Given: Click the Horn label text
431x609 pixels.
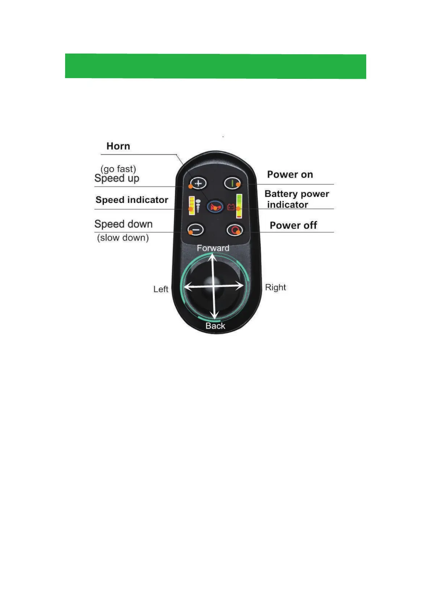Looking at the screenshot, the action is coord(118,146).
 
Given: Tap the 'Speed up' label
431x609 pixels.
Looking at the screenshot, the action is coord(117,178).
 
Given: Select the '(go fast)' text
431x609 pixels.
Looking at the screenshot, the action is coord(118,169).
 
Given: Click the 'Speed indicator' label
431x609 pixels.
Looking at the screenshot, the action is coord(132,200).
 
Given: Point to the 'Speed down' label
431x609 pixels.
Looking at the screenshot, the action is coord(123,224).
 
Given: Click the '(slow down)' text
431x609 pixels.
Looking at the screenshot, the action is coord(123,238).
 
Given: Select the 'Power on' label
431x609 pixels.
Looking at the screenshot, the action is coord(290,175).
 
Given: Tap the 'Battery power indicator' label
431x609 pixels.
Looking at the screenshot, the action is coord(296,199).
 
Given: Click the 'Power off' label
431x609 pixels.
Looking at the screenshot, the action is coord(293,226).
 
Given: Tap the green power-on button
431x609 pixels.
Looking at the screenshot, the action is coord(232,183).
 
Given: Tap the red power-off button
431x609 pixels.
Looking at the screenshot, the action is coord(234,230).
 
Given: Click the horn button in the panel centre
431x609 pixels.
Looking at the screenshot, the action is coord(215,207).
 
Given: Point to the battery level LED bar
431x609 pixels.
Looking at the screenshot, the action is coord(239,206).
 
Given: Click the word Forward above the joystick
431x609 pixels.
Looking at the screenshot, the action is coord(213,248).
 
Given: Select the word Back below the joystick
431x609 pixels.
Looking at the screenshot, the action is coord(215,326).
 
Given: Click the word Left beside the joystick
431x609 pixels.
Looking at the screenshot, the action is coord(161,289).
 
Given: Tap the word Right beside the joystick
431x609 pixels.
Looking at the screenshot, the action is coord(275,288).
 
